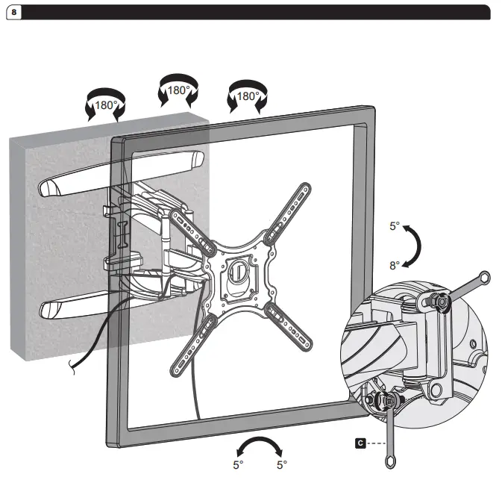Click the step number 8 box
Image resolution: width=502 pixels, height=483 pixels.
[13, 13]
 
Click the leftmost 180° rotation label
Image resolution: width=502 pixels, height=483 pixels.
[105, 105]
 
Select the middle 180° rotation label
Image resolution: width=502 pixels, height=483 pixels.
[177, 90]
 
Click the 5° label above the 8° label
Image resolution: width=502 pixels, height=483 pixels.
[395, 226]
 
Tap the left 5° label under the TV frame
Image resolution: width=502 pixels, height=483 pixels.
[237, 464]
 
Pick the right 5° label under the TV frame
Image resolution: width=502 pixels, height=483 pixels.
[282, 464]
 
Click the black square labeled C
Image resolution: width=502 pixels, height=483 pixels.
[360, 443]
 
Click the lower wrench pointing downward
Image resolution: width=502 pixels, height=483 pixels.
[389, 433]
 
